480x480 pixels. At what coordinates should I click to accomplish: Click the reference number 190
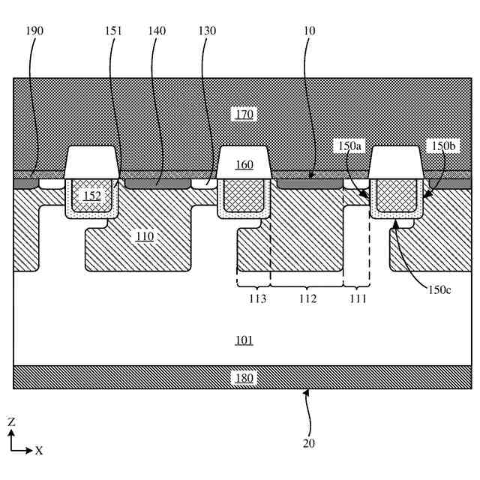click(34, 31)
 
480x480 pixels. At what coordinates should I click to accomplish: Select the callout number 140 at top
click(157, 31)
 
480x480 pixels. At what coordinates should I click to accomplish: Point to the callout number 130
click(207, 31)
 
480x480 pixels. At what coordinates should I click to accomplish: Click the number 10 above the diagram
click(310, 31)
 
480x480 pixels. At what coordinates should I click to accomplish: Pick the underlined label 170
click(244, 114)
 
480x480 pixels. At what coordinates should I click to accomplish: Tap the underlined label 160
click(244, 165)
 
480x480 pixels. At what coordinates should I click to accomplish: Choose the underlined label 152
click(91, 196)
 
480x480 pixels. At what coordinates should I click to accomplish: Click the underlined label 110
click(145, 236)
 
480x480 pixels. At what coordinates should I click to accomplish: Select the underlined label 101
click(244, 340)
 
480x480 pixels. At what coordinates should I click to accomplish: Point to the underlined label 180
click(244, 377)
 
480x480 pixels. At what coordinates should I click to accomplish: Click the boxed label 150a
click(349, 145)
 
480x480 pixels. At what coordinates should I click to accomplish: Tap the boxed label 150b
click(439, 145)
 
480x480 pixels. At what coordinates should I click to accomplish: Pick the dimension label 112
click(307, 298)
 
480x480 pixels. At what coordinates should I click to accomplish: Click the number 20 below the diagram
click(309, 442)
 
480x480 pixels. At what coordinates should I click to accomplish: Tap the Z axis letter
click(11, 422)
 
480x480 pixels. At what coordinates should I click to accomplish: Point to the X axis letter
click(39, 451)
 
